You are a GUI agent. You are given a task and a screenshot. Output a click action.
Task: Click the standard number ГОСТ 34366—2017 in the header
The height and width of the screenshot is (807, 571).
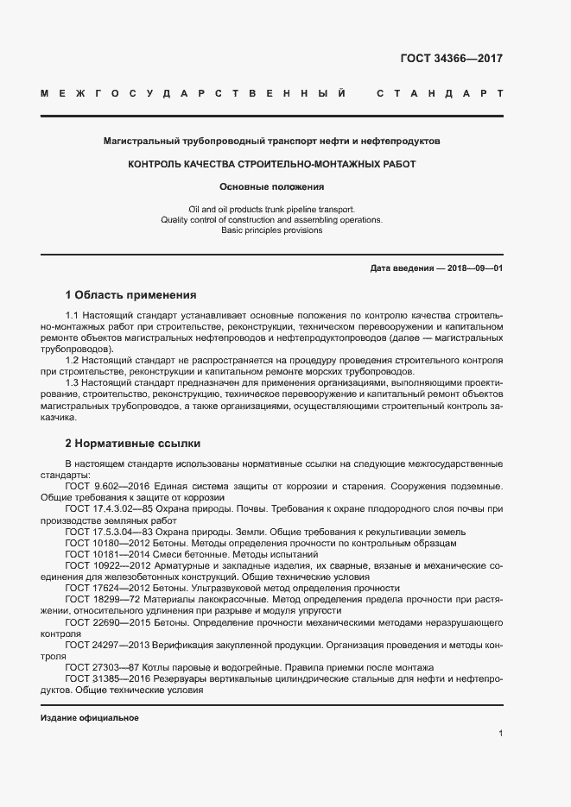(x=451, y=59)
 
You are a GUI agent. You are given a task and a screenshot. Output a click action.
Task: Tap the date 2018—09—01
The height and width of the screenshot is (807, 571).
(x=475, y=268)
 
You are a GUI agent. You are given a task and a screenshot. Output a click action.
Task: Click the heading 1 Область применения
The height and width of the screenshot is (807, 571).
(x=130, y=294)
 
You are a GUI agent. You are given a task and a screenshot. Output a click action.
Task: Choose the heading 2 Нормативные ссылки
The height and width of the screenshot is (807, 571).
(x=133, y=444)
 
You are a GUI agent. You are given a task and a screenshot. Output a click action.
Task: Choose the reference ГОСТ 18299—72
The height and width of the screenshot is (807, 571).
(x=97, y=599)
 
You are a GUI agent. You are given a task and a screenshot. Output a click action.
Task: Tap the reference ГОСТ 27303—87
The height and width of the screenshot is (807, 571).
(x=97, y=666)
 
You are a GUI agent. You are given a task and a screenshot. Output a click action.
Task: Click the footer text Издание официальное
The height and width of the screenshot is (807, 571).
(x=90, y=718)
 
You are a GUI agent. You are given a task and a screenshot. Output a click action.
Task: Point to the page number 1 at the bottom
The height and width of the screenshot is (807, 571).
(x=501, y=734)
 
